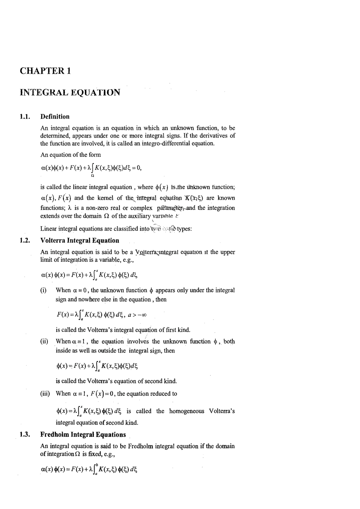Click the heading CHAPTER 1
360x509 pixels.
45,71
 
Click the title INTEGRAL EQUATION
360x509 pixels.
70,92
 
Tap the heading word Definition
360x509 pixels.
55,117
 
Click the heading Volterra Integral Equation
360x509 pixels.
80,240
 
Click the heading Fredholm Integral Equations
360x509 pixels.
83,435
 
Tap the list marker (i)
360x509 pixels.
43,290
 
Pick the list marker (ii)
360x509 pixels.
44,342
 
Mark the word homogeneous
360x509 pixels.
187,411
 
